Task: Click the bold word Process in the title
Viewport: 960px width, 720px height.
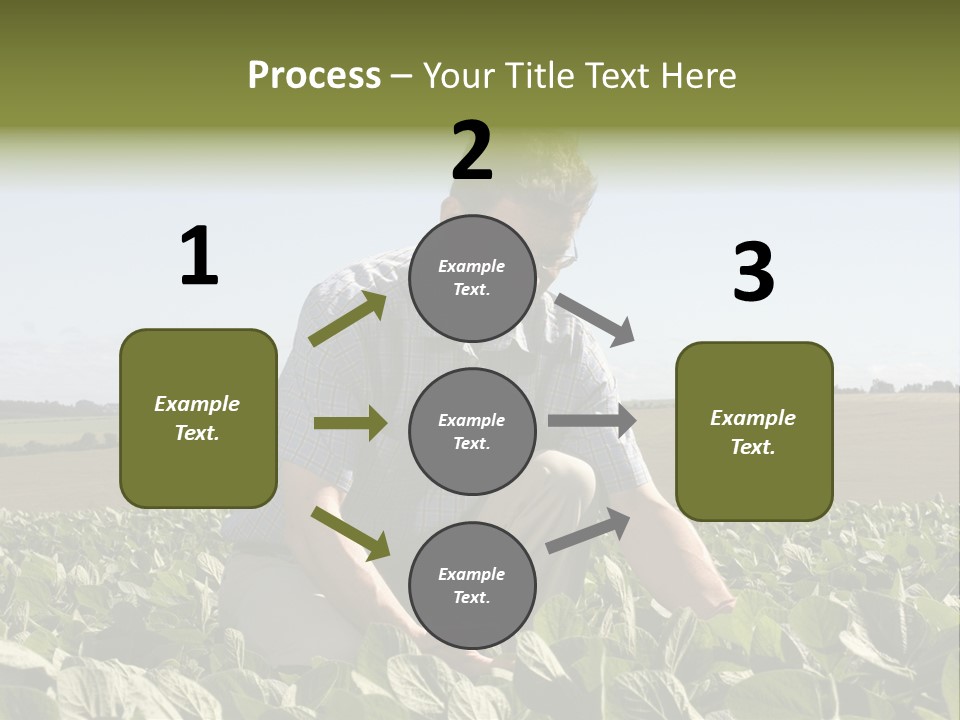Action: click(x=314, y=76)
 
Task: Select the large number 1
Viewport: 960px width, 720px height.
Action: click(x=199, y=257)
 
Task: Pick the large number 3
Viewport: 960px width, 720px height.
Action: click(x=753, y=273)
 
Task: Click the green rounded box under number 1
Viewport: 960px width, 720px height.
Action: click(x=198, y=418)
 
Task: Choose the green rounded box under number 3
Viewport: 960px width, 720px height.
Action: click(x=754, y=431)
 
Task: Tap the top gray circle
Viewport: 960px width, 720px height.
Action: click(x=472, y=278)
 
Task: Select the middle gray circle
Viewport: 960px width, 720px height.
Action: click(x=472, y=431)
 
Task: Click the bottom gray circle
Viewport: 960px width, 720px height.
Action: click(x=472, y=585)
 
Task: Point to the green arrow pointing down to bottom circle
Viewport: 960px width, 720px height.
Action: click(x=351, y=533)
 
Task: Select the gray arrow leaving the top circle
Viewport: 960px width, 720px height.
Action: click(x=594, y=319)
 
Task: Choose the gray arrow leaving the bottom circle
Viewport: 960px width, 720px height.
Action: click(x=588, y=531)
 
